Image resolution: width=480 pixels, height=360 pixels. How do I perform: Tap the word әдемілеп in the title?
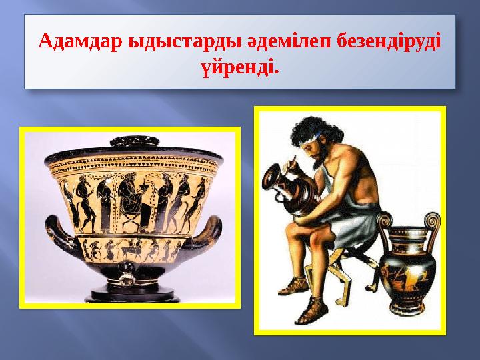(258, 43)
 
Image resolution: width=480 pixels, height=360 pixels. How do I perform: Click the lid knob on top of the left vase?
(130, 141)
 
